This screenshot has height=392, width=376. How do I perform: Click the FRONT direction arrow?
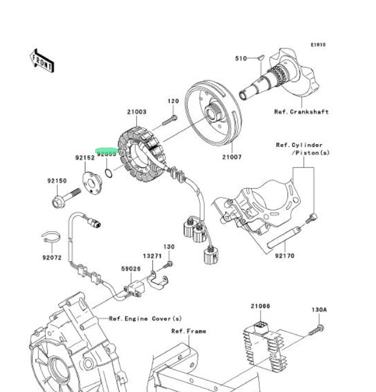41,60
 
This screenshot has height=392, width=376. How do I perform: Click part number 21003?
137,112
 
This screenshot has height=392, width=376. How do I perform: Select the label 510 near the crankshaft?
241,59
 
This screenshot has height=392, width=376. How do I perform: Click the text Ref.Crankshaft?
301,112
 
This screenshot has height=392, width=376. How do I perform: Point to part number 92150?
57,181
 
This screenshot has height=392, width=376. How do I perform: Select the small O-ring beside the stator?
109,172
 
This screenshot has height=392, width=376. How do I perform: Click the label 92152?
84,157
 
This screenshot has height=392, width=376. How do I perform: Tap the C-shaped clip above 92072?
51,236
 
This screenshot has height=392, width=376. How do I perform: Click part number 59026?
131,269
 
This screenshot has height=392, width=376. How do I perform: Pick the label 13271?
153,256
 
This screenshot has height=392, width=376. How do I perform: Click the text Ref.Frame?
188,332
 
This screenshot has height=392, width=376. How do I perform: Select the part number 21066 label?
260,305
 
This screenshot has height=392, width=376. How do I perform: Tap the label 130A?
319,310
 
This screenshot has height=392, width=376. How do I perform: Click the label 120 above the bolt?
173,101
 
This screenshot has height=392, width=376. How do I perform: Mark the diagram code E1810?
317,45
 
